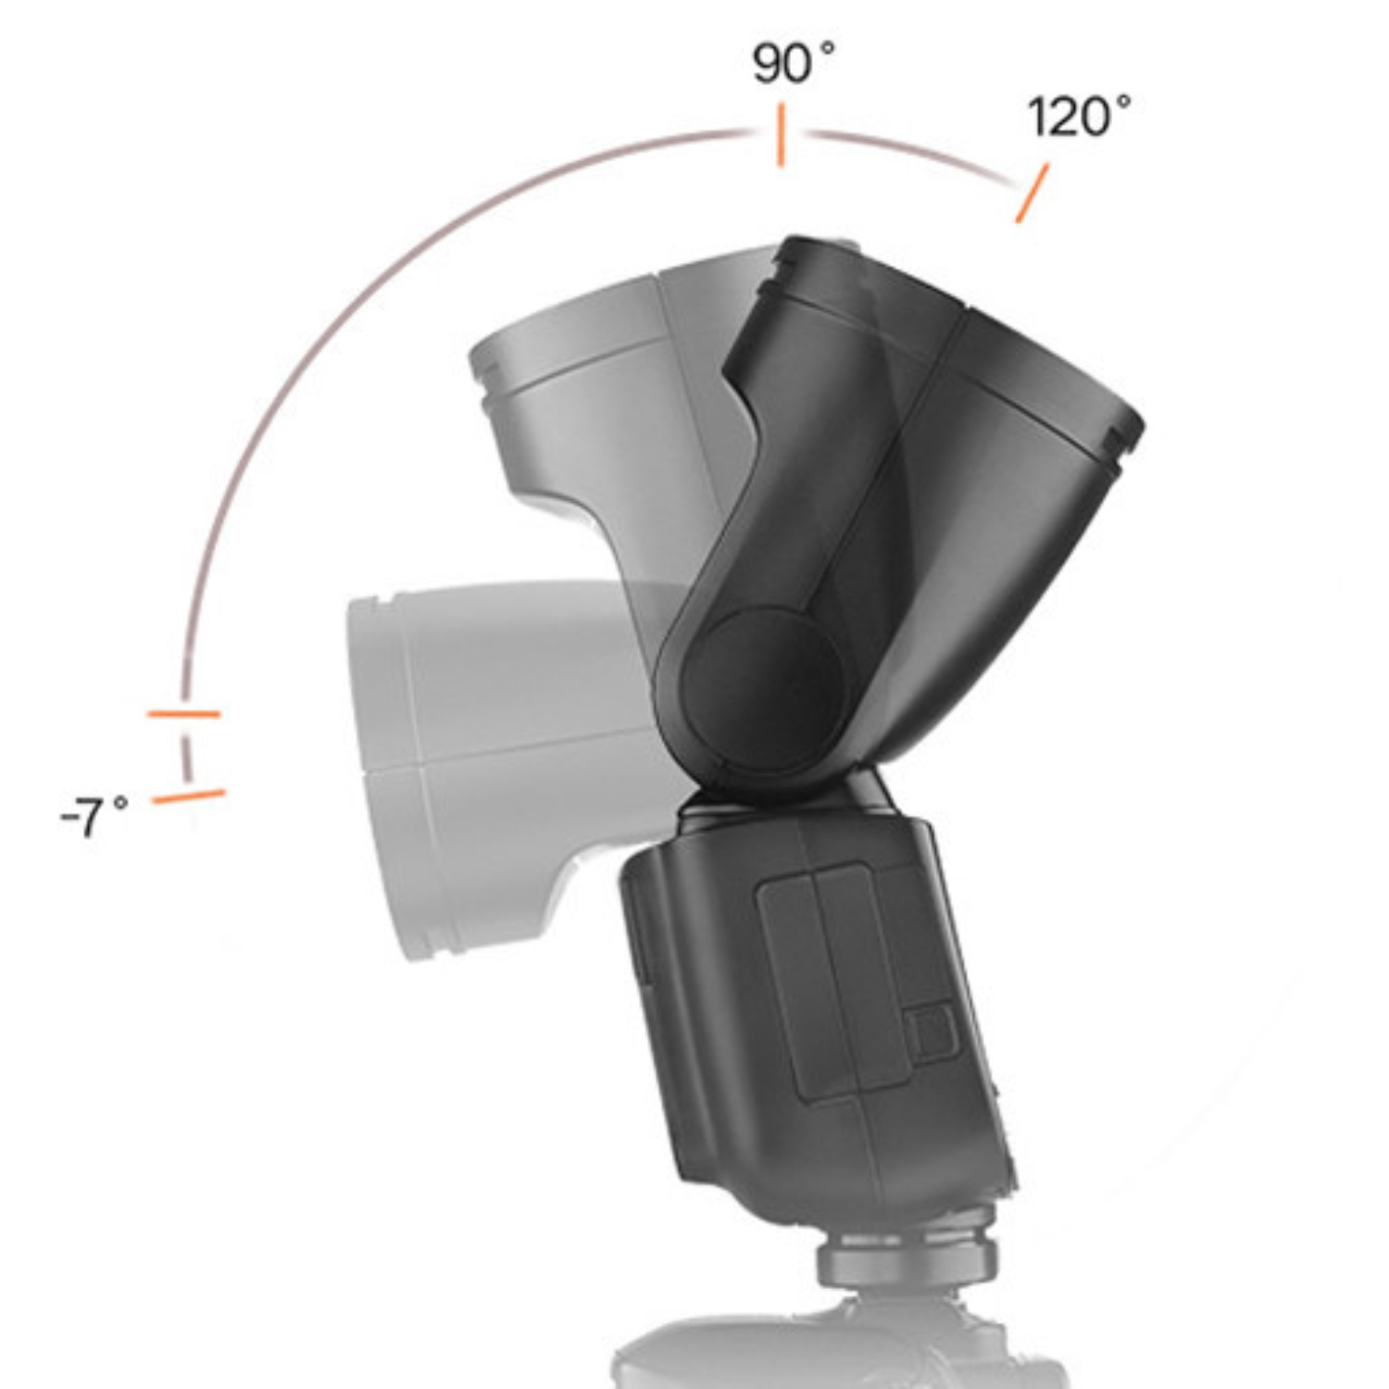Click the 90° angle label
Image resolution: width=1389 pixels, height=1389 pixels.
[x=792, y=63]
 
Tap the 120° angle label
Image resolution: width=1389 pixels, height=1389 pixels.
[x=1078, y=118]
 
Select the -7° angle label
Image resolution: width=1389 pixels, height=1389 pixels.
[x=94, y=816]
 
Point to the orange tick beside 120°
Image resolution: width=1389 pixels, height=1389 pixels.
[x=1032, y=193]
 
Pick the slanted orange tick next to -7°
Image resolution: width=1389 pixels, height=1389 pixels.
[x=188, y=795]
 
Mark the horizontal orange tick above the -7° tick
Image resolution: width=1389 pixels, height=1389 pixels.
[x=183, y=714]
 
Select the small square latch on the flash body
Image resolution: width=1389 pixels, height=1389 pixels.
[x=931, y=1032]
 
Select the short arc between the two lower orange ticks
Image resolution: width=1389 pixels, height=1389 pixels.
[x=186, y=756]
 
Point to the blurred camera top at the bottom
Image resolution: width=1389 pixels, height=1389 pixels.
[x=833, y=1352]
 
